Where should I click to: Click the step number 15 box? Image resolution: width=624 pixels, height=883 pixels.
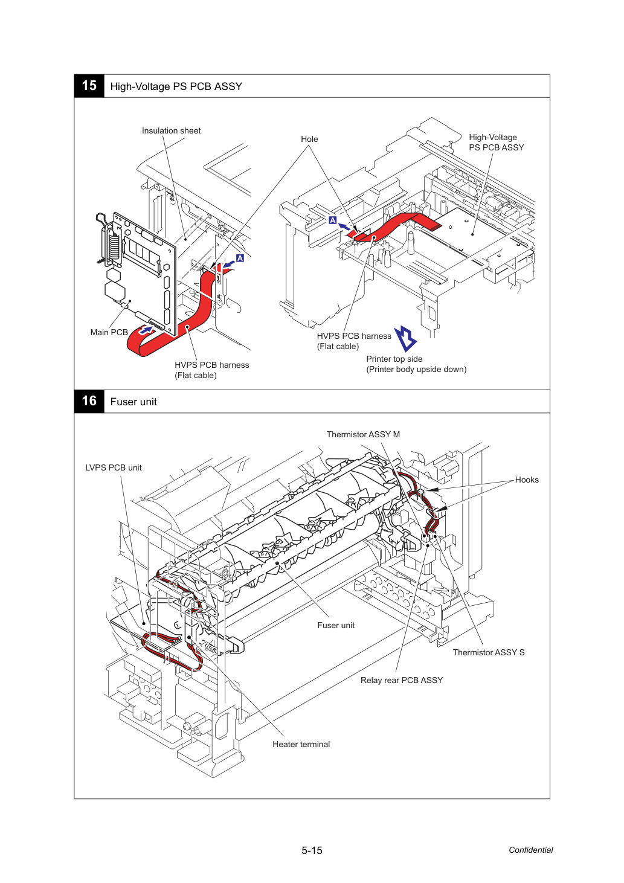click(89, 86)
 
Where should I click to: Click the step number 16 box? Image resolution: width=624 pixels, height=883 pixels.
click(89, 401)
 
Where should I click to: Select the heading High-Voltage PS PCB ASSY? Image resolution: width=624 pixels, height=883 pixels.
click(176, 86)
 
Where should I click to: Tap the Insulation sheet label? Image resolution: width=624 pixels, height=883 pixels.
click(171, 130)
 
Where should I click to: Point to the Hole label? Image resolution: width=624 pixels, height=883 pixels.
click(309, 139)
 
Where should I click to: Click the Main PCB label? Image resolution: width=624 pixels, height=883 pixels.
click(109, 332)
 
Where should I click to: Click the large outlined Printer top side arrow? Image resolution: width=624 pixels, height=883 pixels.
click(405, 338)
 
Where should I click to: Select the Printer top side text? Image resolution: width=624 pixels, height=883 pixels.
click(394, 359)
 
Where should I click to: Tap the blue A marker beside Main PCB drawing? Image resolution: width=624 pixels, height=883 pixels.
click(240, 258)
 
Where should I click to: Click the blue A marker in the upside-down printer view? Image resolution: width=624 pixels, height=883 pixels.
click(333, 220)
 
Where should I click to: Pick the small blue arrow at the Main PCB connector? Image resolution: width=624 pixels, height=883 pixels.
click(146, 330)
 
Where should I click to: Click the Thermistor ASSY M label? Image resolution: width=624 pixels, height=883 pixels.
click(363, 434)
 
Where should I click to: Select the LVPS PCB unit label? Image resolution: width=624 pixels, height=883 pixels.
click(114, 467)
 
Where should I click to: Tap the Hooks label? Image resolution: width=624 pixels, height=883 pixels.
click(527, 480)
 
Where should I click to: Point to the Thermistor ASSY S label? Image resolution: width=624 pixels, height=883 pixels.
click(489, 652)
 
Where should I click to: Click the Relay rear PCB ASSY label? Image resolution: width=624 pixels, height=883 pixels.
click(402, 680)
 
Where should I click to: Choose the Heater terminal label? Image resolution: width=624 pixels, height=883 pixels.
click(301, 744)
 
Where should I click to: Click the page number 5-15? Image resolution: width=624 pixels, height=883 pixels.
click(312, 850)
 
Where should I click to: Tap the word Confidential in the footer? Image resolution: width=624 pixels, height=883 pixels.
click(530, 850)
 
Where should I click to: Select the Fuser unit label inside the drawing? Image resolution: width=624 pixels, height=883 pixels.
click(336, 625)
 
